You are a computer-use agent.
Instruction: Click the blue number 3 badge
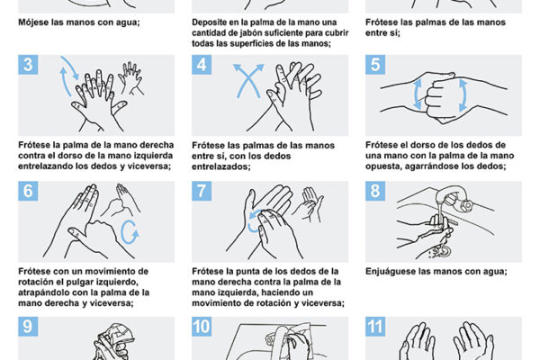click(28, 65)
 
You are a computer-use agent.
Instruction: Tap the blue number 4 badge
click(202, 65)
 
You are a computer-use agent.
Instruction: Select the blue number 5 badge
click(375, 65)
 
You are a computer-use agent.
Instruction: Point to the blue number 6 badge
click(28, 191)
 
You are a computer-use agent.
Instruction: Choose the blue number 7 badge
click(202, 191)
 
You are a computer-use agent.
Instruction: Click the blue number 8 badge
click(375, 191)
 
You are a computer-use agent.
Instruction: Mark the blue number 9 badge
click(28, 327)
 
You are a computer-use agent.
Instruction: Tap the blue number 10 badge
click(202, 327)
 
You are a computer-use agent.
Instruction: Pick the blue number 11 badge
click(375, 327)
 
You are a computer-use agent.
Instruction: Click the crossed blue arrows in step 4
click(248, 80)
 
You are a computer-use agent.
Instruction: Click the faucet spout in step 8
click(447, 193)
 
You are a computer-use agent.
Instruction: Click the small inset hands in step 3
click(130, 77)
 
